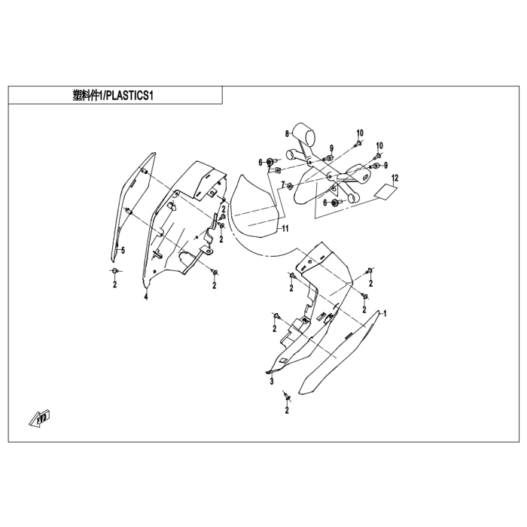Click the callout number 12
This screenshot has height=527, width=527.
(394, 178)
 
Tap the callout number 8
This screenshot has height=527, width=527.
(286, 133)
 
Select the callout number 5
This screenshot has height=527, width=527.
(123, 249)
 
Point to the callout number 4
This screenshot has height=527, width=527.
(146, 297)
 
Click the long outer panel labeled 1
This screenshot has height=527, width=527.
(339, 354)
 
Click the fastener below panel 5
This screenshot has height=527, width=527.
(114, 270)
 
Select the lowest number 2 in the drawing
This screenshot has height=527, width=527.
(287, 411)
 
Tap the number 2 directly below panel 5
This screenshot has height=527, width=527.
(114, 285)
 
